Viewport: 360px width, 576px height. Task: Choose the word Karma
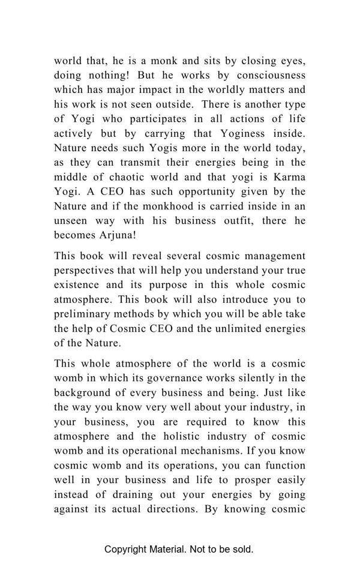(x=289, y=177)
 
